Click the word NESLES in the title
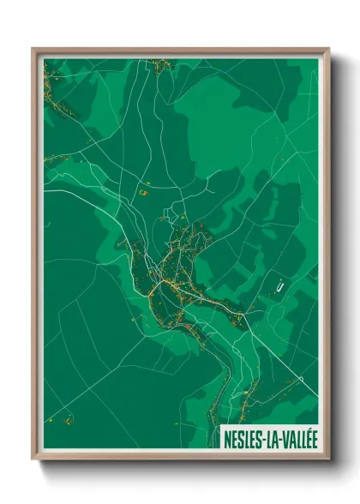(x=243, y=437)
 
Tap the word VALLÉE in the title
(x=295, y=437)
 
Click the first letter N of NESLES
(x=227, y=437)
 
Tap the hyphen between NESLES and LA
(x=264, y=437)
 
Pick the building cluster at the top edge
(x=158, y=64)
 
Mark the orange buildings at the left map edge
(x=51, y=159)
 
